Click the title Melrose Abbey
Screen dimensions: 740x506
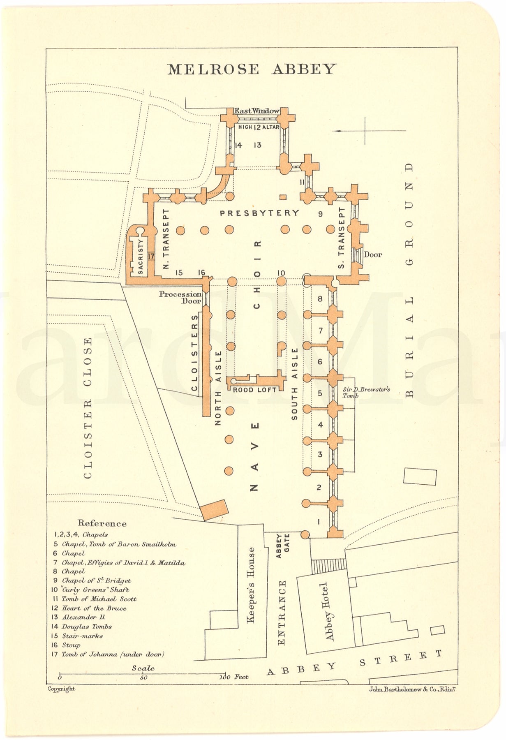coord(251,69)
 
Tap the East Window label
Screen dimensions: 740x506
coord(257,111)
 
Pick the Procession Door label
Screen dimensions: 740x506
coord(180,297)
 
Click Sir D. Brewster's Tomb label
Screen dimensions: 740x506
coord(366,392)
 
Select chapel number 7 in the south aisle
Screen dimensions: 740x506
coord(321,331)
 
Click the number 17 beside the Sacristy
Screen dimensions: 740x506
coord(150,256)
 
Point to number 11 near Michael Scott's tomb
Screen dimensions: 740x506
coord(302,181)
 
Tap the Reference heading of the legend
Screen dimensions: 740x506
coord(102,523)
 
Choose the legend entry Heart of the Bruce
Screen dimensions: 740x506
coord(94,608)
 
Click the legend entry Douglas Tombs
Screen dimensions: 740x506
coord(86,627)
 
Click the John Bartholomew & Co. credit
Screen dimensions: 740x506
coord(405,689)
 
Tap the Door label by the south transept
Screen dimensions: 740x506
coord(372,254)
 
